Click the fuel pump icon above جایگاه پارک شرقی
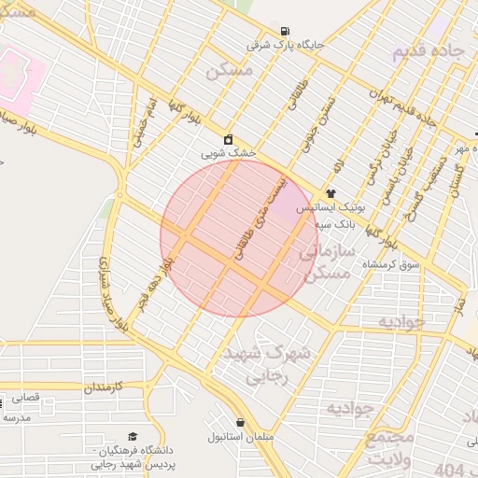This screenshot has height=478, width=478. pos(284,31)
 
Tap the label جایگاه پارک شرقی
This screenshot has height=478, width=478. pos(272,44)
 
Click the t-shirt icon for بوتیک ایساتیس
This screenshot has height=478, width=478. pos(330,193)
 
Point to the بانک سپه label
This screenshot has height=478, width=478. pos(333,225)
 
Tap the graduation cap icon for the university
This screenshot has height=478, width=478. pos(132,437)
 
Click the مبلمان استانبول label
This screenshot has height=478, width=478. pos(241,437)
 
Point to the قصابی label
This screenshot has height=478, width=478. pos(26,398)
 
